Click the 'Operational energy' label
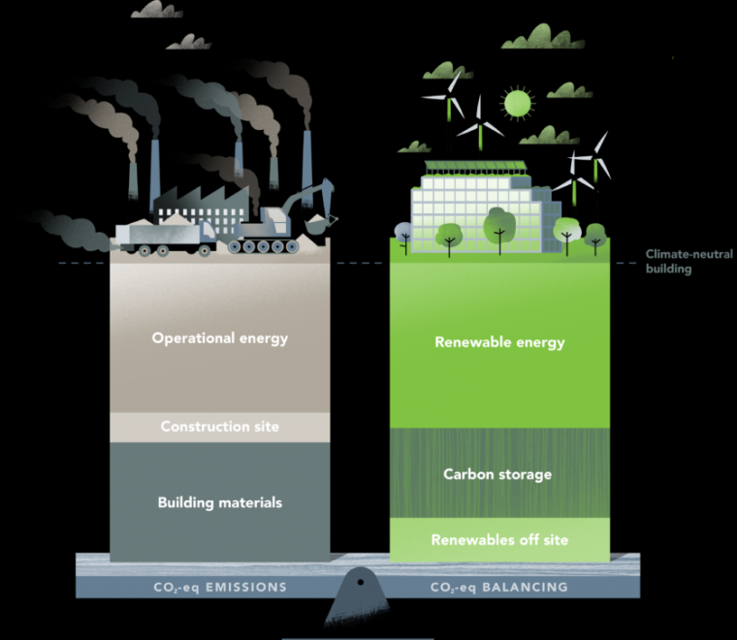(x=220, y=338)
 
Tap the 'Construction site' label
(x=219, y=427)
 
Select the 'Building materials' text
(x=220, y=502)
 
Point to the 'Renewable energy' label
(x=499, y=342)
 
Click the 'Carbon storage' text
(x=497, y=474)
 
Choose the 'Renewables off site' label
(x=499, y=539)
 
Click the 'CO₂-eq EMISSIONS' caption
(x=219, y=588)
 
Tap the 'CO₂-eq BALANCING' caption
(x=498, y=588)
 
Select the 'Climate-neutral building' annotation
(x=669, y=262)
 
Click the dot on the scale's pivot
(x=360, y=581)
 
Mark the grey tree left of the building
(x=401, y=231)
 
